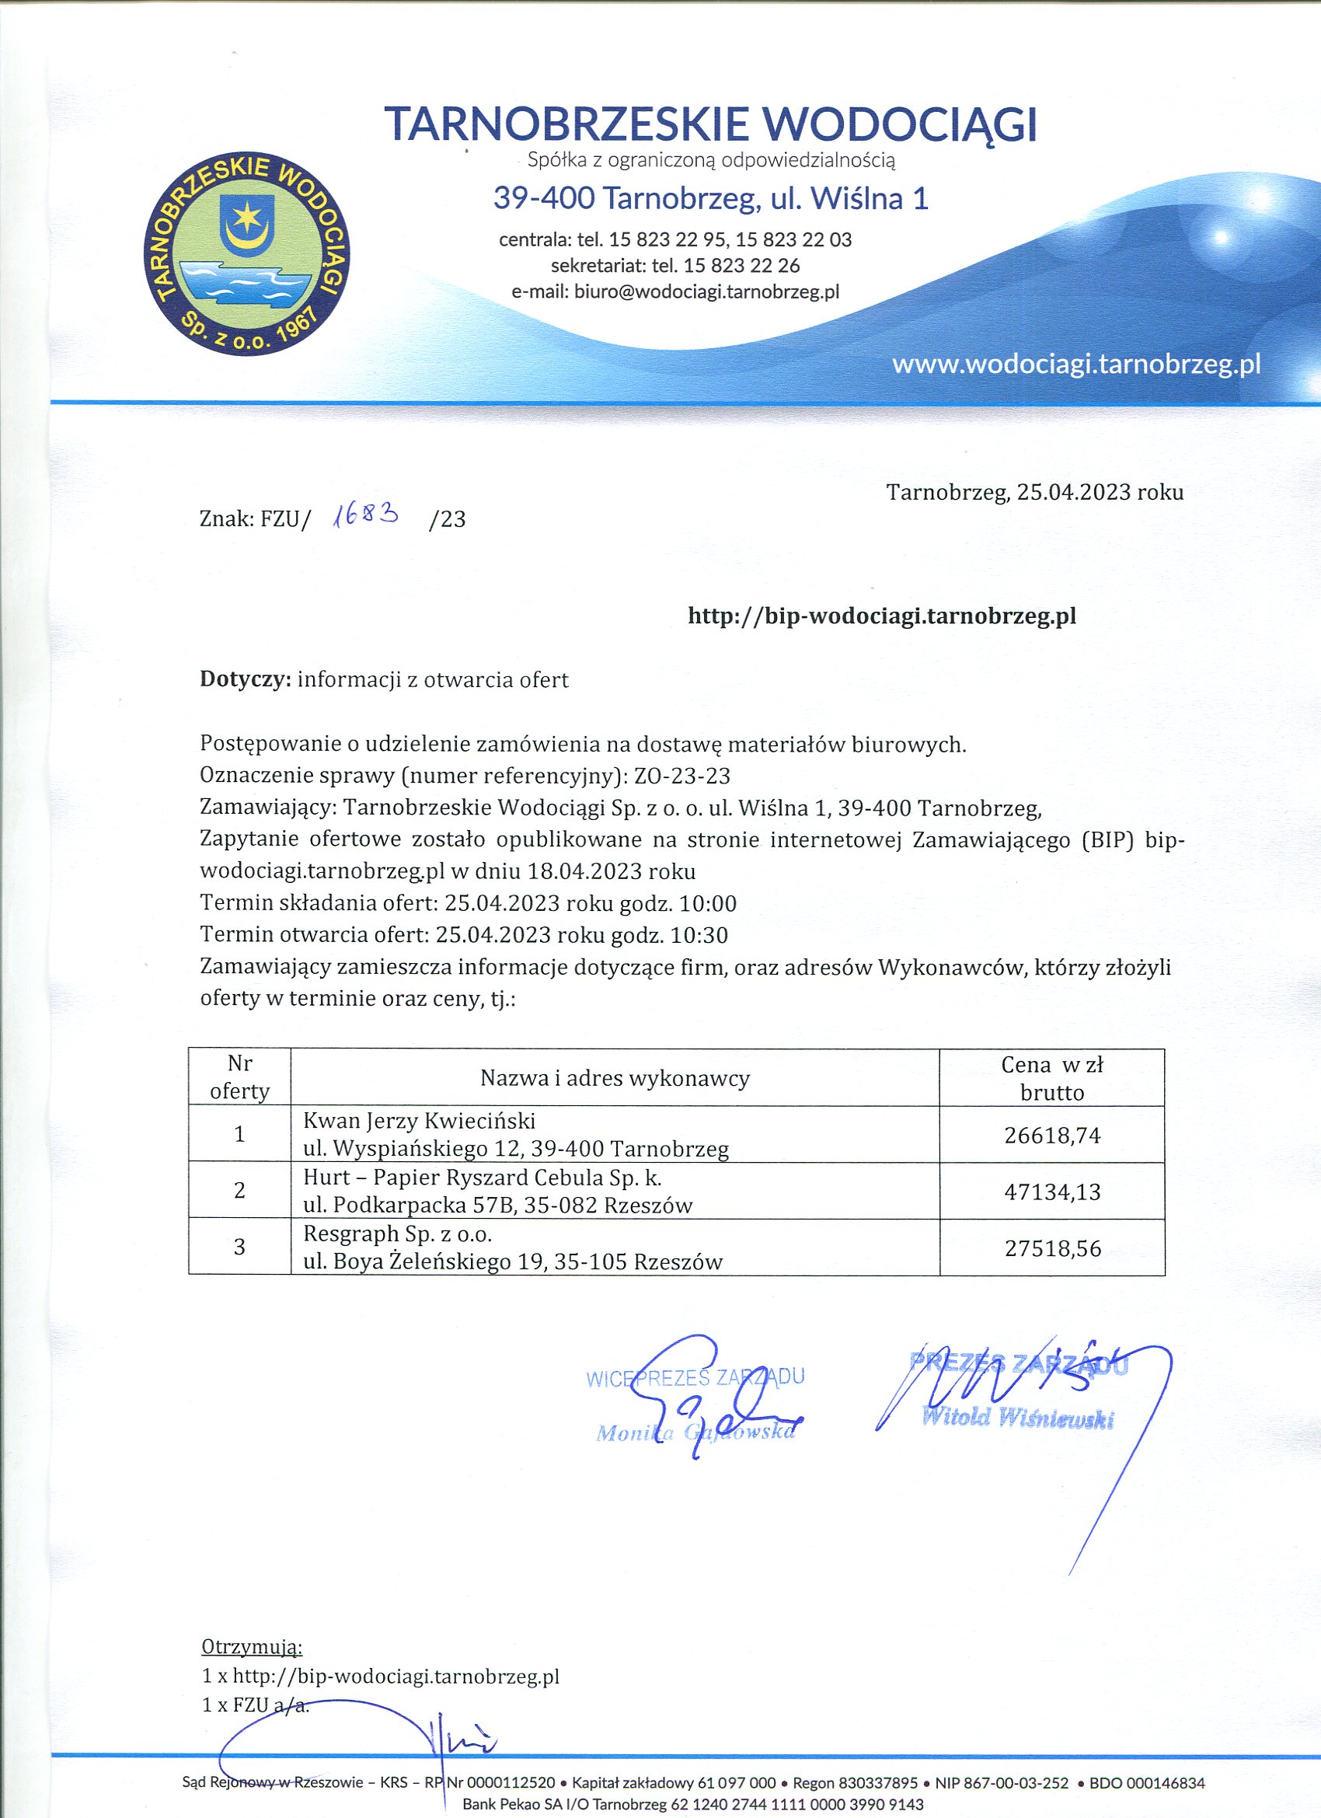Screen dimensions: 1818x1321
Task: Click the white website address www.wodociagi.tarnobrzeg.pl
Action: pyautogui.click(x=1075, y=365)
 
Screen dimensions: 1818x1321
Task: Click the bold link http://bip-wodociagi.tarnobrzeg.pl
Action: pyautogui.click(x=882, y=616)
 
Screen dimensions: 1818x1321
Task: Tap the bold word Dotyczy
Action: pyautogui.click(x=246, y=680)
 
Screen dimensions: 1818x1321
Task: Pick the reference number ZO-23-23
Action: pyautogui.click(x=681, y=775)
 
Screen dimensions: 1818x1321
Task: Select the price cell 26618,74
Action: pyautogui.click(x=1051, y=1135)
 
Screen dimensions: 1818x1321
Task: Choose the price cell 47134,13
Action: pyautogui.click(x=1051, y=1192)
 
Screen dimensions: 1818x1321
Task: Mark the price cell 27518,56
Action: pyautogui.click(x=1051, y=1248)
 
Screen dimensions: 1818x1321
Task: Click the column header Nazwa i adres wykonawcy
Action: pyautogui.click(x=615, y=1078)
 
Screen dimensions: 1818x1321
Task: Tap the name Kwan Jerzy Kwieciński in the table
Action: pyautogui.click(x=420, y=1121)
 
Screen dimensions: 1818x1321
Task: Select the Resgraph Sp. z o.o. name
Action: pyautogui.click(x=398, y=1233)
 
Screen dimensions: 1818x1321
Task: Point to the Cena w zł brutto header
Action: pyautogui.click(x=1051, y=1078)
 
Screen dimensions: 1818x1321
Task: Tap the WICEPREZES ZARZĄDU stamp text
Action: pyautogui.click(x=695, y=1377)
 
